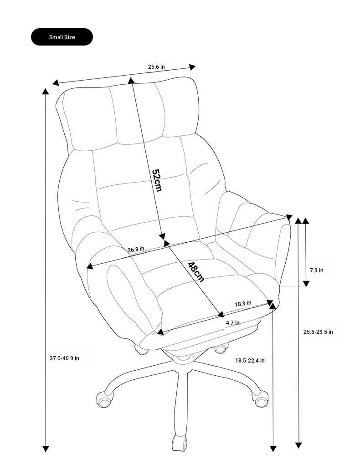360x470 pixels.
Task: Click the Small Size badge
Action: click(x=62, y=37)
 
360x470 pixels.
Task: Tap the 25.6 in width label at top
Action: click(x=156, y=66)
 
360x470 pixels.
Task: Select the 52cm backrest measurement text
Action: click(x=157, y=180)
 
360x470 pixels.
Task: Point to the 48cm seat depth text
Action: click(x=196, y=272)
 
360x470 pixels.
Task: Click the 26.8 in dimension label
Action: click(x=136, y=249)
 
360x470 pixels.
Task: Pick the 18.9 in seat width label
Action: click(x=243, y=304)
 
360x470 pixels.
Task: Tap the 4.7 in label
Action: click(x=233, y=323)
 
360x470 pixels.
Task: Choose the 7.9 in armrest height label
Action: click(x=317, y=271)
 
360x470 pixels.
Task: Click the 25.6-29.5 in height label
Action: click(x=318, y=332)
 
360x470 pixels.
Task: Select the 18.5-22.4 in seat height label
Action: click(x=250, y=361)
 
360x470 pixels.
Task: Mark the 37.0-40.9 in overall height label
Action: click(x=64, y=358)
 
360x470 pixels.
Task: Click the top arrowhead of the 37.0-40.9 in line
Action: click(x=46, y=92)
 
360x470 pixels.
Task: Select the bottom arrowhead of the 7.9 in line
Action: click(x=306, y=283)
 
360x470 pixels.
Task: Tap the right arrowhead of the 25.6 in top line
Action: click(x=192, y=67)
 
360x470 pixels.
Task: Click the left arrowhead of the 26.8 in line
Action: click(x=90, y=266)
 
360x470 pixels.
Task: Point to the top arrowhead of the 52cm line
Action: click(x=131, y=80)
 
